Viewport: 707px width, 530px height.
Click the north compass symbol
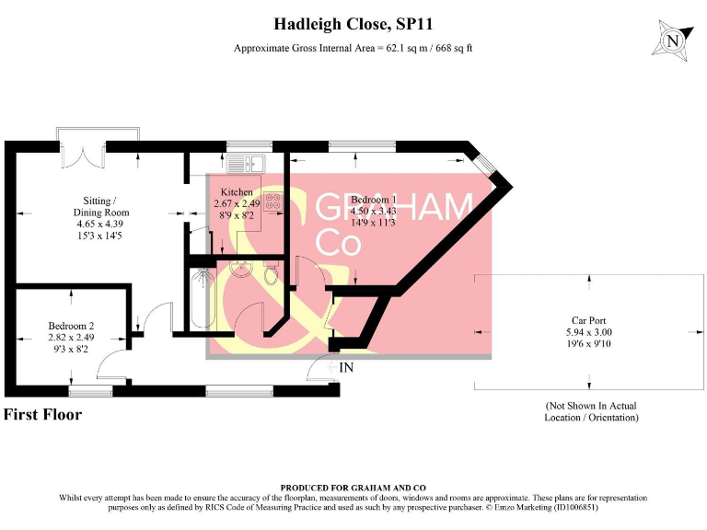(x=675, y=40)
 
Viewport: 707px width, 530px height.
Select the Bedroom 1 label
(x=374, y=200)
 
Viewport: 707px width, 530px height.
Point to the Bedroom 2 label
(x=72, y=325)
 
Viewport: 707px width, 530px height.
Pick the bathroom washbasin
(x=241, y=268)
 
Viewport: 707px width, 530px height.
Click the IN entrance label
(x=347, y=368)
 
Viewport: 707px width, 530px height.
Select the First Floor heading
(x=43, y=414)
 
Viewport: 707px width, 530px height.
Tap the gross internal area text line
(x=353, y=48)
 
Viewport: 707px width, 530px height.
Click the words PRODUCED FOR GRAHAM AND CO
(x=353, y=488)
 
